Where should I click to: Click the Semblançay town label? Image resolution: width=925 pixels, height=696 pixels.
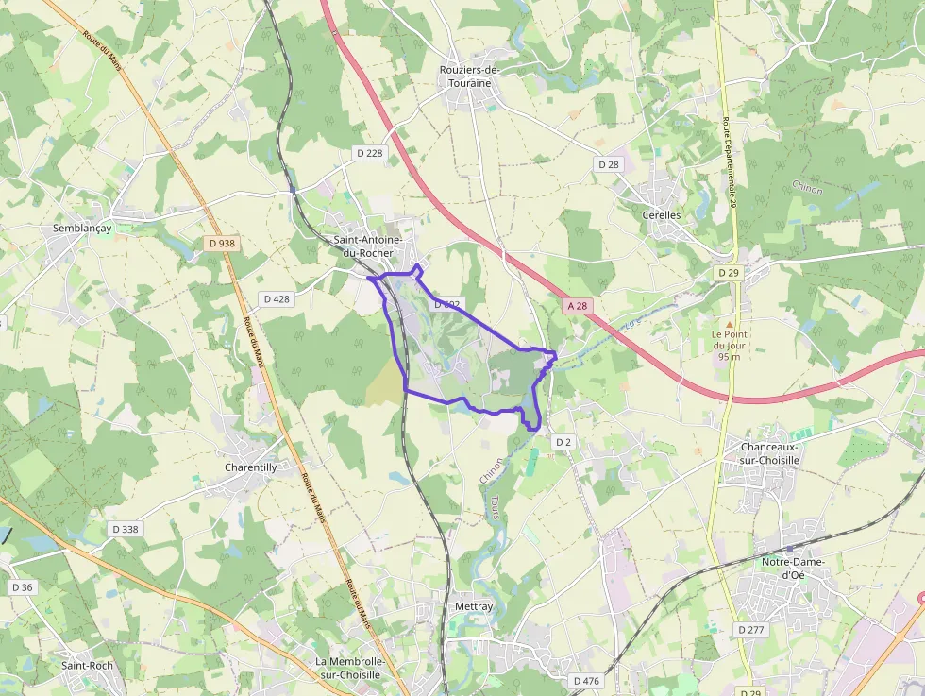tap(83, 229)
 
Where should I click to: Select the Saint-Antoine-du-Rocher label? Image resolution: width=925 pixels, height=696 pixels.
tap(368, 246)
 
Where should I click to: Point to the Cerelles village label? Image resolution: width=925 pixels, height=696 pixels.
tap(661, 214)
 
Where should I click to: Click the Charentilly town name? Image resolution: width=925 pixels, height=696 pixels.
tap(251, 467)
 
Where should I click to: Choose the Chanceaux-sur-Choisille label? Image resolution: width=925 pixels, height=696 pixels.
tap(770, 453)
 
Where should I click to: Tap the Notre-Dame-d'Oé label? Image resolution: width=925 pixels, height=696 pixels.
tap(793, 569)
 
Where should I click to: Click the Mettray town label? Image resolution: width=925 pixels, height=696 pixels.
tap(474, 606)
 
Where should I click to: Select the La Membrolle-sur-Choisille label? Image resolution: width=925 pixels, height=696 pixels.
tap(348, 668)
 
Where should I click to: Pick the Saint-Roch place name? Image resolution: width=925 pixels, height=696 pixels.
tap(88, 665)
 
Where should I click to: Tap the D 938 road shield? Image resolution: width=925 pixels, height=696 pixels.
tap(221, 244)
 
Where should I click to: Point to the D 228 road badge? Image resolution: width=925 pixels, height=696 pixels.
tap(370, 153)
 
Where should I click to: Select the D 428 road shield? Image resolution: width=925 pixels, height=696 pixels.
tap(277, 298)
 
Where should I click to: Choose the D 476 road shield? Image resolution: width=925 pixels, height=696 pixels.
tap(586, 681)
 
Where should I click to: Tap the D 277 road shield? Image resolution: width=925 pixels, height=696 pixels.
tap(751, 629)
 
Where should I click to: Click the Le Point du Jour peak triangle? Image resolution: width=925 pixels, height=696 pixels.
tap(728, 323)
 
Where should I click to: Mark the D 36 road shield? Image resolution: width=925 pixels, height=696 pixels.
tap(22, 587)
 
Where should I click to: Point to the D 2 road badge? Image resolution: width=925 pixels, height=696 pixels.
tap(563, 442)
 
